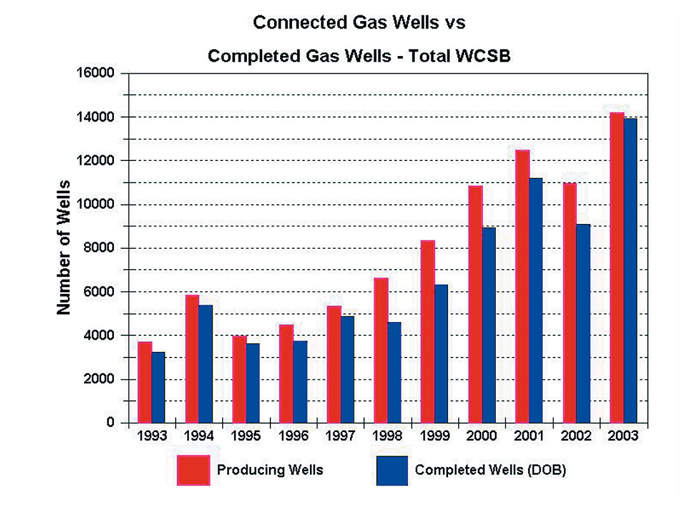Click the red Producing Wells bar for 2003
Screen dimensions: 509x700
pyautogui.click(x=617, y=267)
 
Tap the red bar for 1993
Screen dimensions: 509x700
pyautogui.click(x=144, y=382)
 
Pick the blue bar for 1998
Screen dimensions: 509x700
pyautogui.click(x=395, y=372)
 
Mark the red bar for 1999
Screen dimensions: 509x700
pyautogui.click(x=428, y=331)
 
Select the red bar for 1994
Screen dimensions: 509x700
pyautogui.click(x=192, y=359)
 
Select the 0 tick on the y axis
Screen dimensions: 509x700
pyautogui.click(x=109, y=423)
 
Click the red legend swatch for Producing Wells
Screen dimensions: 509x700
pyautogui.click(x=193, y=470)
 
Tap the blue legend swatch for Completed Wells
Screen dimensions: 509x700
pyautogui.click(x=392, y=470)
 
